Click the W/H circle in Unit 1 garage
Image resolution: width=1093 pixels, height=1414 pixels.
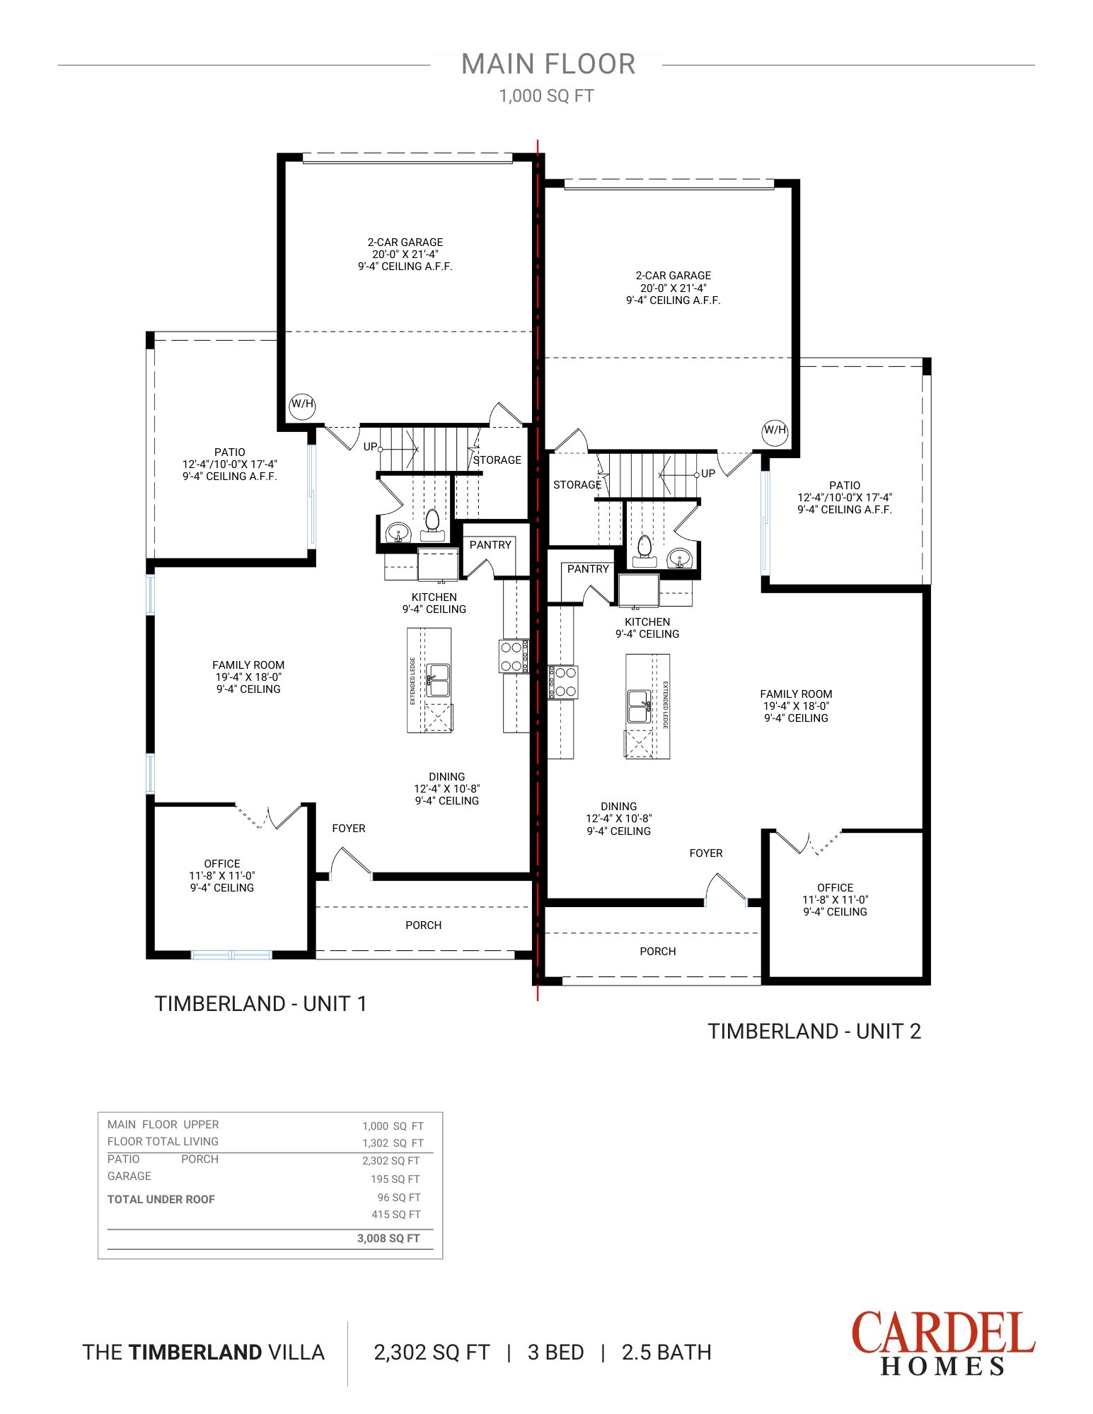coord(302,404)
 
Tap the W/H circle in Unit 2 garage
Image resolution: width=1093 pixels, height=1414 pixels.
coord(775,431)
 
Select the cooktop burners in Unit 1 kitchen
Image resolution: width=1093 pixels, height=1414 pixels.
coord(512,656)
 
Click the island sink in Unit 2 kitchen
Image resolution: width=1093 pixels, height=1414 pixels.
coord(638,706)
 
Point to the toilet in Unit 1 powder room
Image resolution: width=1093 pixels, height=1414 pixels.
coord(432,522)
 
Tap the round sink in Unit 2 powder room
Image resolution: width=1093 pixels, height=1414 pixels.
coord(680,559)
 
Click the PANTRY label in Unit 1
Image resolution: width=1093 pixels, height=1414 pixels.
coord(490,545)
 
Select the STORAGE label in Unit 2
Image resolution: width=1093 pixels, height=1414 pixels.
coord(577,485)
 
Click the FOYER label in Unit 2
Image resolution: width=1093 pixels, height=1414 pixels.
coord(706,853)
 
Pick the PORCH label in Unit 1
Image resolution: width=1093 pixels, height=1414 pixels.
coord(423,925)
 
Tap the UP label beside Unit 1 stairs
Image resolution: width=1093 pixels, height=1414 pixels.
coord(370,447)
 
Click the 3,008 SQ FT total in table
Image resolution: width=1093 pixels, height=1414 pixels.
coord(388,1239)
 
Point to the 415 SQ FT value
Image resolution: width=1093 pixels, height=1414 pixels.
coord(395,1215)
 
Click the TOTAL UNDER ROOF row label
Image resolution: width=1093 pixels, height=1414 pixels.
coord(161,1200)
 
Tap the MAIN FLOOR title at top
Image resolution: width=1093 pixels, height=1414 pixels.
coord(548,64)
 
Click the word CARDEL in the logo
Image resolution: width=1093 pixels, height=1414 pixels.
coord(942,1333)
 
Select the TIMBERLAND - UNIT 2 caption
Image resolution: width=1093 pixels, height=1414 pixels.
coord(814,1032)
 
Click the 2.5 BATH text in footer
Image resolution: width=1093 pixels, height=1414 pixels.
coord(666,1352)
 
